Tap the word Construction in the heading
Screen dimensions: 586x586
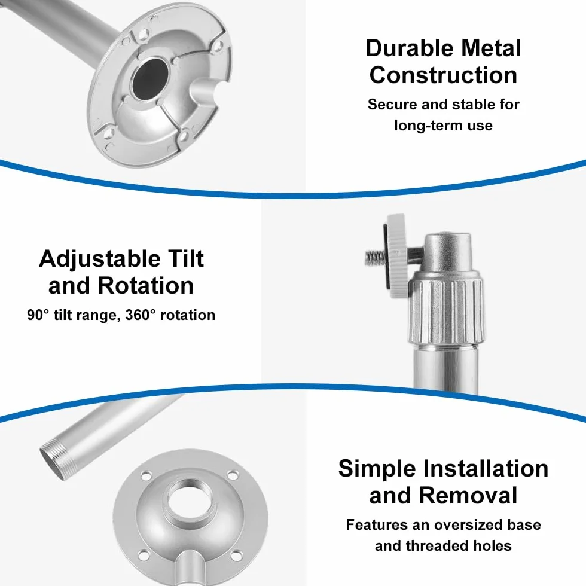443,75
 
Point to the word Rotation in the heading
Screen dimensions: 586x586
146,286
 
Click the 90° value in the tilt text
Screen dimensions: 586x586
38,315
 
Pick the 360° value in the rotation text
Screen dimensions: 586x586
140,315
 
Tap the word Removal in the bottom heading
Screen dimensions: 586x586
468,496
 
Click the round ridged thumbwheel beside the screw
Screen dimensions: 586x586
397,256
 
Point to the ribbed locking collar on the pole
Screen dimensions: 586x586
445,311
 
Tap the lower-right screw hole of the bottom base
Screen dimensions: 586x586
236,556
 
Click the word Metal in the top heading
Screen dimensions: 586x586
491,48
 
